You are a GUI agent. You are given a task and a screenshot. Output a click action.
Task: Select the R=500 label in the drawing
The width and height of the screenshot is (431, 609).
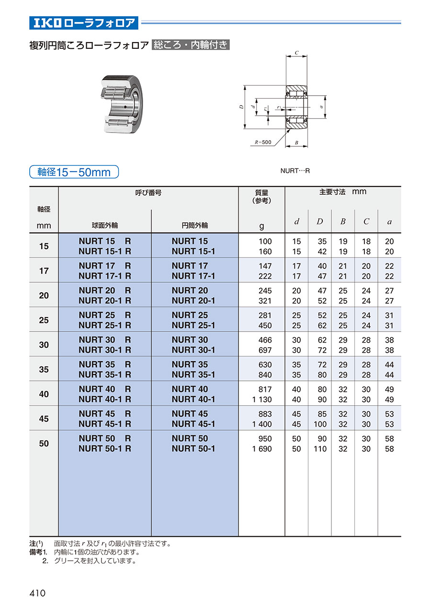tap(263, 142)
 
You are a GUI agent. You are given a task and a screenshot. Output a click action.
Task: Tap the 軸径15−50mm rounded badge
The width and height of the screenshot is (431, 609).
tap(74, 172)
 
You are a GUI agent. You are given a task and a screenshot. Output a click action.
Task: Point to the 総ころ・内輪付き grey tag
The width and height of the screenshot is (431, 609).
tap(191, 45)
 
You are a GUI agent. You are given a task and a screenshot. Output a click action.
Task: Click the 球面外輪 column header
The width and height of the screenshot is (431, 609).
tap(105, 225)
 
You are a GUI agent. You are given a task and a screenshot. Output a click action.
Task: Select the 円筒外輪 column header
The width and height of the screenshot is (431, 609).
tap(194, 225)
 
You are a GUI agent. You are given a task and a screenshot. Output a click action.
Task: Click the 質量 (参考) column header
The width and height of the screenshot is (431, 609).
tap(261, 196)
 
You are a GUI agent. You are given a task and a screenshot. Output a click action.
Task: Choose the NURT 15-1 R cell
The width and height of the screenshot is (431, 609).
tap(105, 251)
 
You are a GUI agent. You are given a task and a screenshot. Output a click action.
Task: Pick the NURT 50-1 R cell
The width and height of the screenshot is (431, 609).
tap(105, 449)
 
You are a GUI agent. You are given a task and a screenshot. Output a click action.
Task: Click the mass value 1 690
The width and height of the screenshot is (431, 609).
tap(262, 449)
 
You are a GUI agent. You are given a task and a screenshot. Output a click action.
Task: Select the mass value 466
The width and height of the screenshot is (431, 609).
tap(264, 340)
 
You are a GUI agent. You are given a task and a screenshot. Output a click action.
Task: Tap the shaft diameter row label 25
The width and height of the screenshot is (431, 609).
tap(44, 320)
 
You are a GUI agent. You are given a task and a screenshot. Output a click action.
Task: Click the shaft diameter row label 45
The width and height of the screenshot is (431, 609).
tap(44, 419)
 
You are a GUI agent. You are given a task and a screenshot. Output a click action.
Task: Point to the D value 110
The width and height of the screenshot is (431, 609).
tap(320, 449)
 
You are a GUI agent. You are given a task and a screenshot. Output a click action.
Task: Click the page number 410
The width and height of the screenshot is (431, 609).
tap(37, 593)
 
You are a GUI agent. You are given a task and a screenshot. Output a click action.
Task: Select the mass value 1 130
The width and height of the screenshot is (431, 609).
tap(262, 399)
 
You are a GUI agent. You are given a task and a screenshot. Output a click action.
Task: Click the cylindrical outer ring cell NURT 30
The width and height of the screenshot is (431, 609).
tap(190, 340)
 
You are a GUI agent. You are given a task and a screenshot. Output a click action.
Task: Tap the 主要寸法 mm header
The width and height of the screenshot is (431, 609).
tap(342, 192)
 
